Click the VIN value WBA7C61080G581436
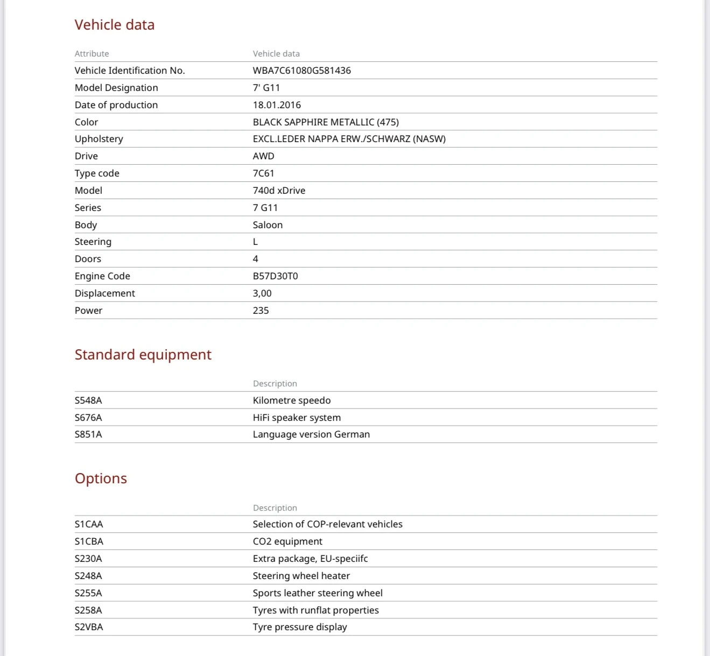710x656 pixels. (x=301, y=70)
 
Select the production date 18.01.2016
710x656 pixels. (x=277, y=105)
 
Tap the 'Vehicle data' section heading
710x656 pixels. (x=115, y=25)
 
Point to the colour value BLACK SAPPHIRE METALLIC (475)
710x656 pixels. (x=326, y=122)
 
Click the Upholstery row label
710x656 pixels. (x=99, y=139)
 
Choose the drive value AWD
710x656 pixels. (x=263, y=156)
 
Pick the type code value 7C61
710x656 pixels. (x=263, y=173)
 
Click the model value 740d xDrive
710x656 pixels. (x=279, y=191)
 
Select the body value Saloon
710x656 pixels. (x=268, y=225)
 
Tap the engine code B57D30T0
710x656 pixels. (x=275, y=276)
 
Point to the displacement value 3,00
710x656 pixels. (x=262, y=293)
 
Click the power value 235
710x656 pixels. (x=261, y=311)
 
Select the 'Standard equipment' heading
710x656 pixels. (x=143, y=355)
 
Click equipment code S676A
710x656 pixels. (x=88, y=418)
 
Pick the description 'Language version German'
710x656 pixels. (x=311, y=434)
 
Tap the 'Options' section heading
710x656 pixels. (x=101, y=478)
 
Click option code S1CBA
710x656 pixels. (x=89, y=541)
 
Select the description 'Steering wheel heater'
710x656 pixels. (x=301, y=576)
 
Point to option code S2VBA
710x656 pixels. (x=89, y=627)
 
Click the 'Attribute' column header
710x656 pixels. (x=92, y=54)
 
